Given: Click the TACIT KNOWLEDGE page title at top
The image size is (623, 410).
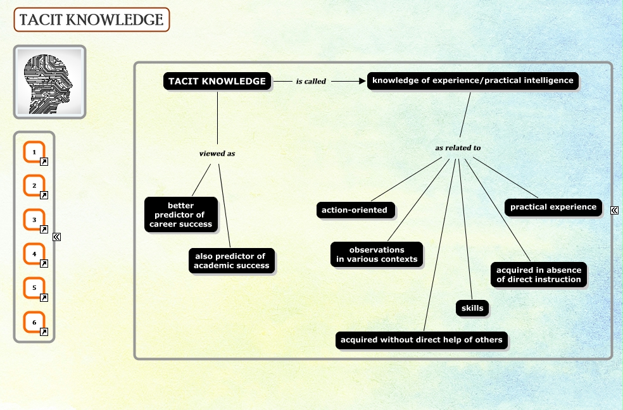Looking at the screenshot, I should (x=91, y=20).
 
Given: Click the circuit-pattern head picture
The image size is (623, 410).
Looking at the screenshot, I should (x=49, y=82).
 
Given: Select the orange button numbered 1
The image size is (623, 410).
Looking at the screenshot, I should (x=34, y=152).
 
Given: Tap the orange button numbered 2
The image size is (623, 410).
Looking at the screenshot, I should (x=34, y=187).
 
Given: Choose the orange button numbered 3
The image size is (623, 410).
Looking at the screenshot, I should (x=34, y=221).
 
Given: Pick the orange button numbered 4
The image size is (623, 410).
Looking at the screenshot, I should (x=34, y=255).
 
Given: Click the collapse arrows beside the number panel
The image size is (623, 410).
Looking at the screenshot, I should (x=56, y=237).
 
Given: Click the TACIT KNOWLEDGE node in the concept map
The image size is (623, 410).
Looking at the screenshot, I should (x=217, y=82).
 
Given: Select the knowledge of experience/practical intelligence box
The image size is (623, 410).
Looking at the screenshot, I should (x=472, y=81).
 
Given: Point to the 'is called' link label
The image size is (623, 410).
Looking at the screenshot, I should (x=311, y=82).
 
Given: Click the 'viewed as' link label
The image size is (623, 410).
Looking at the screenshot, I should (x=217, y=154).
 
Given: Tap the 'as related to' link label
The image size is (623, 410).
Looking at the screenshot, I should (x=458, y=148).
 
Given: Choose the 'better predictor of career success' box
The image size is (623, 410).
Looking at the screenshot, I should (x=181, y=215).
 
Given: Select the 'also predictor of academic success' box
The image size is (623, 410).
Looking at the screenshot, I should (x=231, y=261).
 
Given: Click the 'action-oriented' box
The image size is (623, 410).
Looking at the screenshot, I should (x=355, y=210).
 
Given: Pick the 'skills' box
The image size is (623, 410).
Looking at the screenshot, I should (x=472, y=308).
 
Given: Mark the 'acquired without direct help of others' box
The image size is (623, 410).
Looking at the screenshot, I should (x=421, y=340).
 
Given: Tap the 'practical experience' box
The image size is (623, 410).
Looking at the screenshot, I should (x=553, y=207).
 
